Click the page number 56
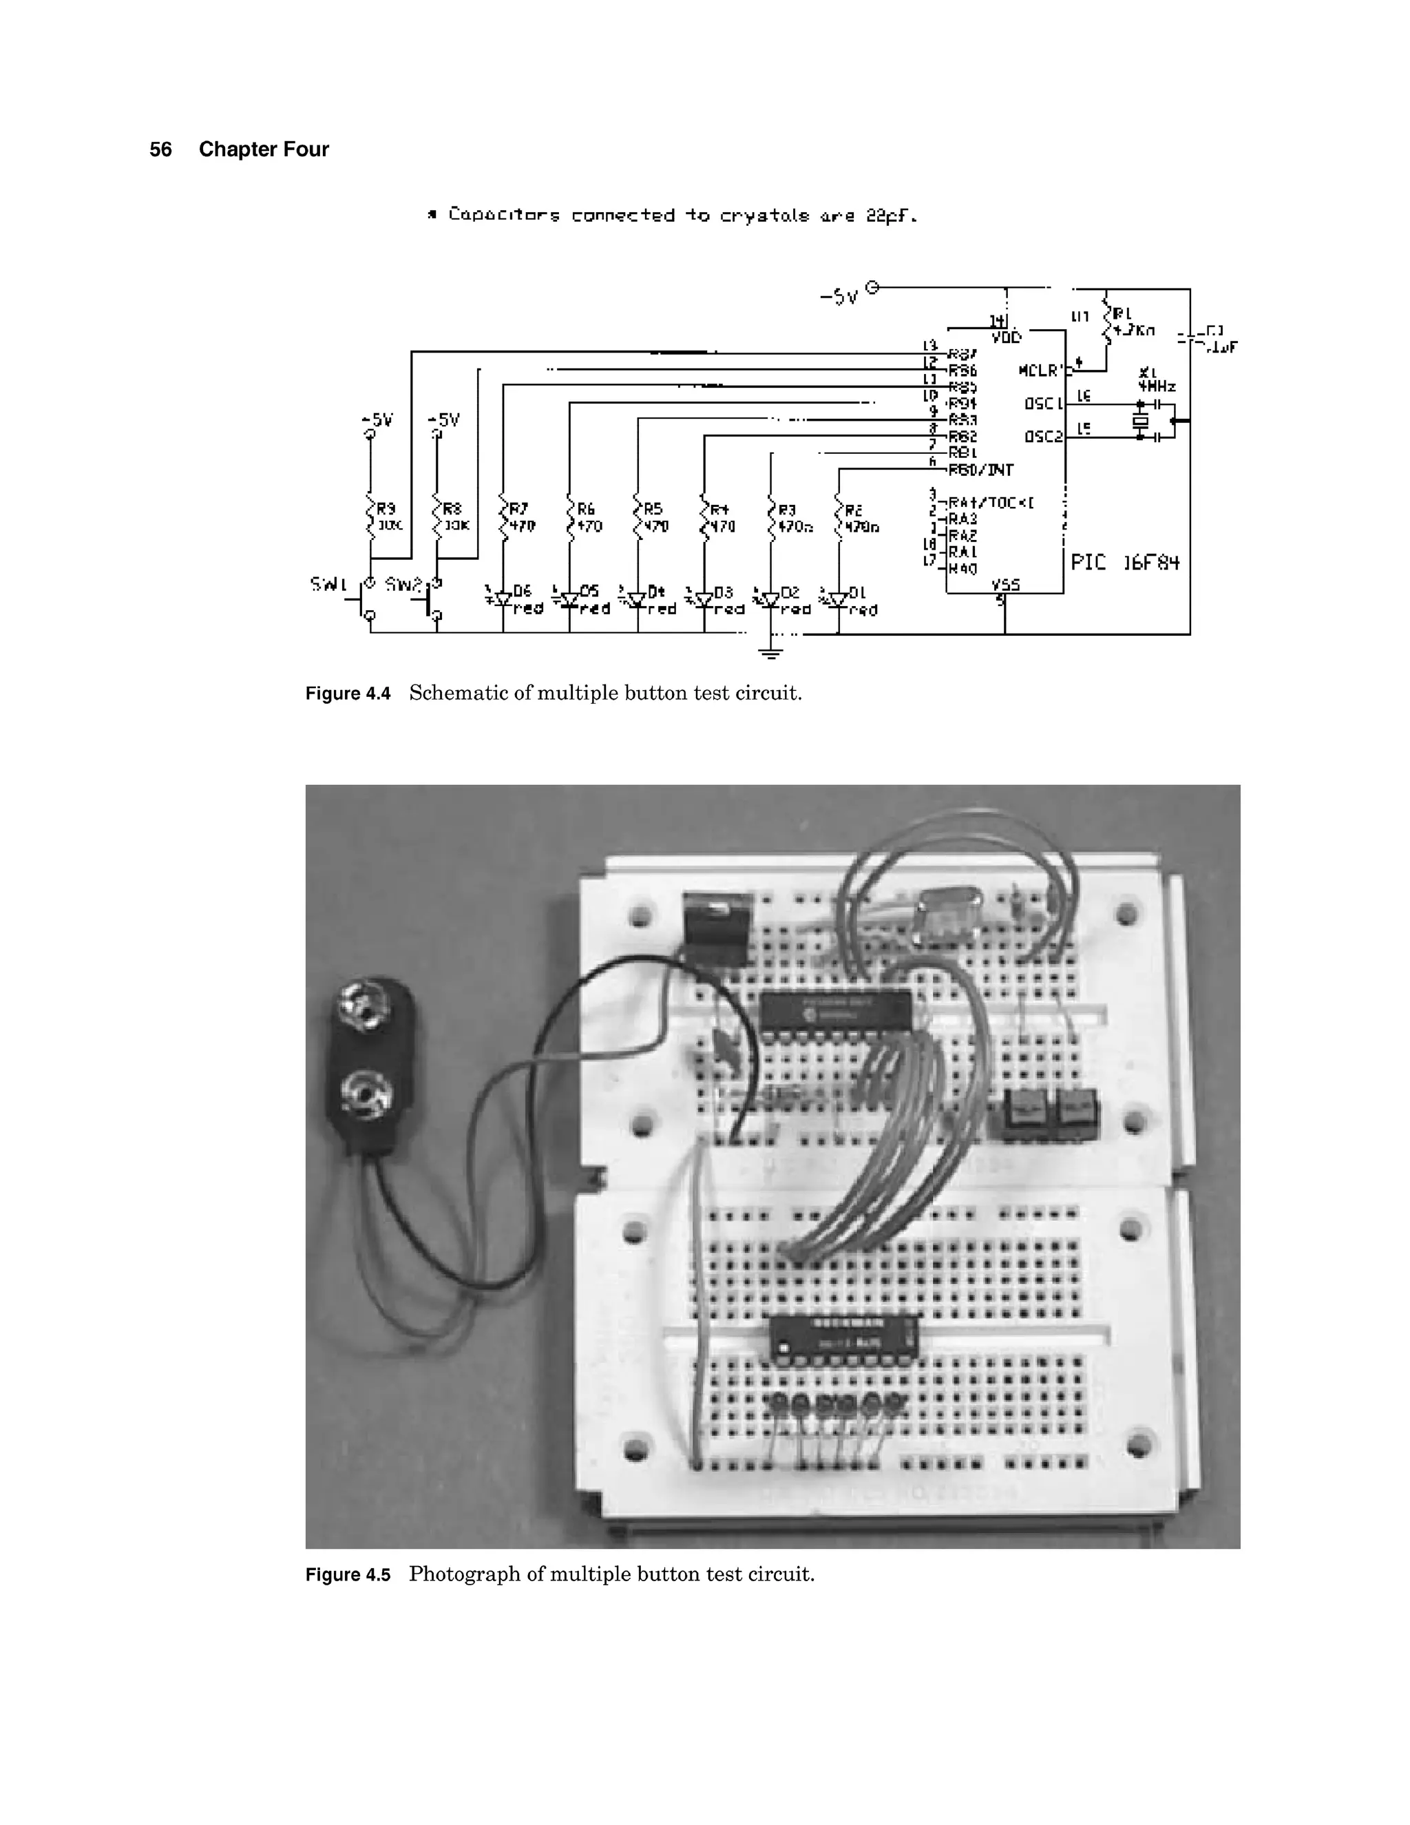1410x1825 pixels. tap(160, 149)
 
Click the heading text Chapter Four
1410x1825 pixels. tap(263, 149)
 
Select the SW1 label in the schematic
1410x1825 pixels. tap(328, 584)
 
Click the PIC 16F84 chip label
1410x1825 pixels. tap(1124, 563)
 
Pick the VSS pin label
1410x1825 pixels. tap(1005, 584)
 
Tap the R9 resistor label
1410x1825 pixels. tap(385, 508)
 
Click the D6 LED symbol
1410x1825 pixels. tap(502, 598)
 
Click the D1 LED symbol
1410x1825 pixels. tap(837, 599)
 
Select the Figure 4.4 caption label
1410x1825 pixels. tap(348, 693)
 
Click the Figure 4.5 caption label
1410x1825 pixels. tap(348, 1575)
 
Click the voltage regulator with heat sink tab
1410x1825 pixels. tap(717, 928)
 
